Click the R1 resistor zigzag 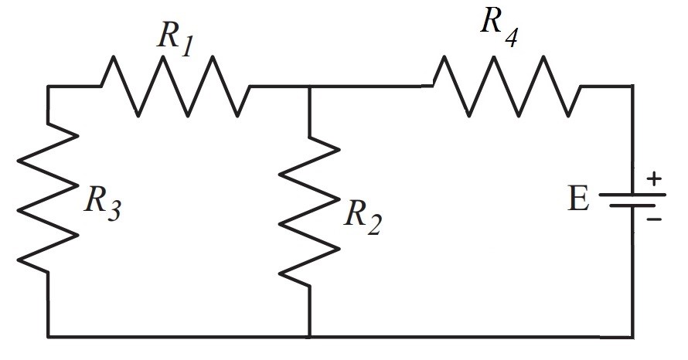[175, 86]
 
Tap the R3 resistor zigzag [48, 197]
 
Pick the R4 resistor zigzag [507, 86]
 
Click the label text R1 [174, 37]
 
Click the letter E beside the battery [577, 199]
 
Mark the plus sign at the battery [654, 179]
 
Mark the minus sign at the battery [654, 219]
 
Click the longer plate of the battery [632, 194]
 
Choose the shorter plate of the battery [632, 206]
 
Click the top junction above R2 [309, 87]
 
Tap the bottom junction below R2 [309, 337]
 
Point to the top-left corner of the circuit [48, 87]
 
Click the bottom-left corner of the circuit [48, 337]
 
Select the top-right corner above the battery [632, 87]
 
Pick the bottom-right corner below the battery [632, 337]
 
